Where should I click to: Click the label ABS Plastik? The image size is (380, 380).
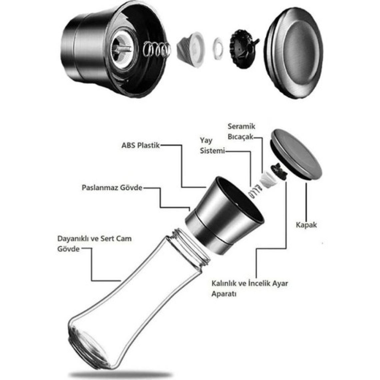coord(141,145)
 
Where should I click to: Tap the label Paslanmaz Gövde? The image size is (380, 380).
coord(112,188)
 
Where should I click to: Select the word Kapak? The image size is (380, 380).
coord(306,225)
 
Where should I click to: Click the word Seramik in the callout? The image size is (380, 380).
coord(241,126)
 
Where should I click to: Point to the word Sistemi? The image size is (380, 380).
coord(212,151)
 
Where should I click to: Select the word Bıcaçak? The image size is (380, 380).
coord(240,137)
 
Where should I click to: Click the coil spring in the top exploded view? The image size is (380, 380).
coord(157,50)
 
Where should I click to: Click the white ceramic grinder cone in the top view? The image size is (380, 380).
coord(191,50)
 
